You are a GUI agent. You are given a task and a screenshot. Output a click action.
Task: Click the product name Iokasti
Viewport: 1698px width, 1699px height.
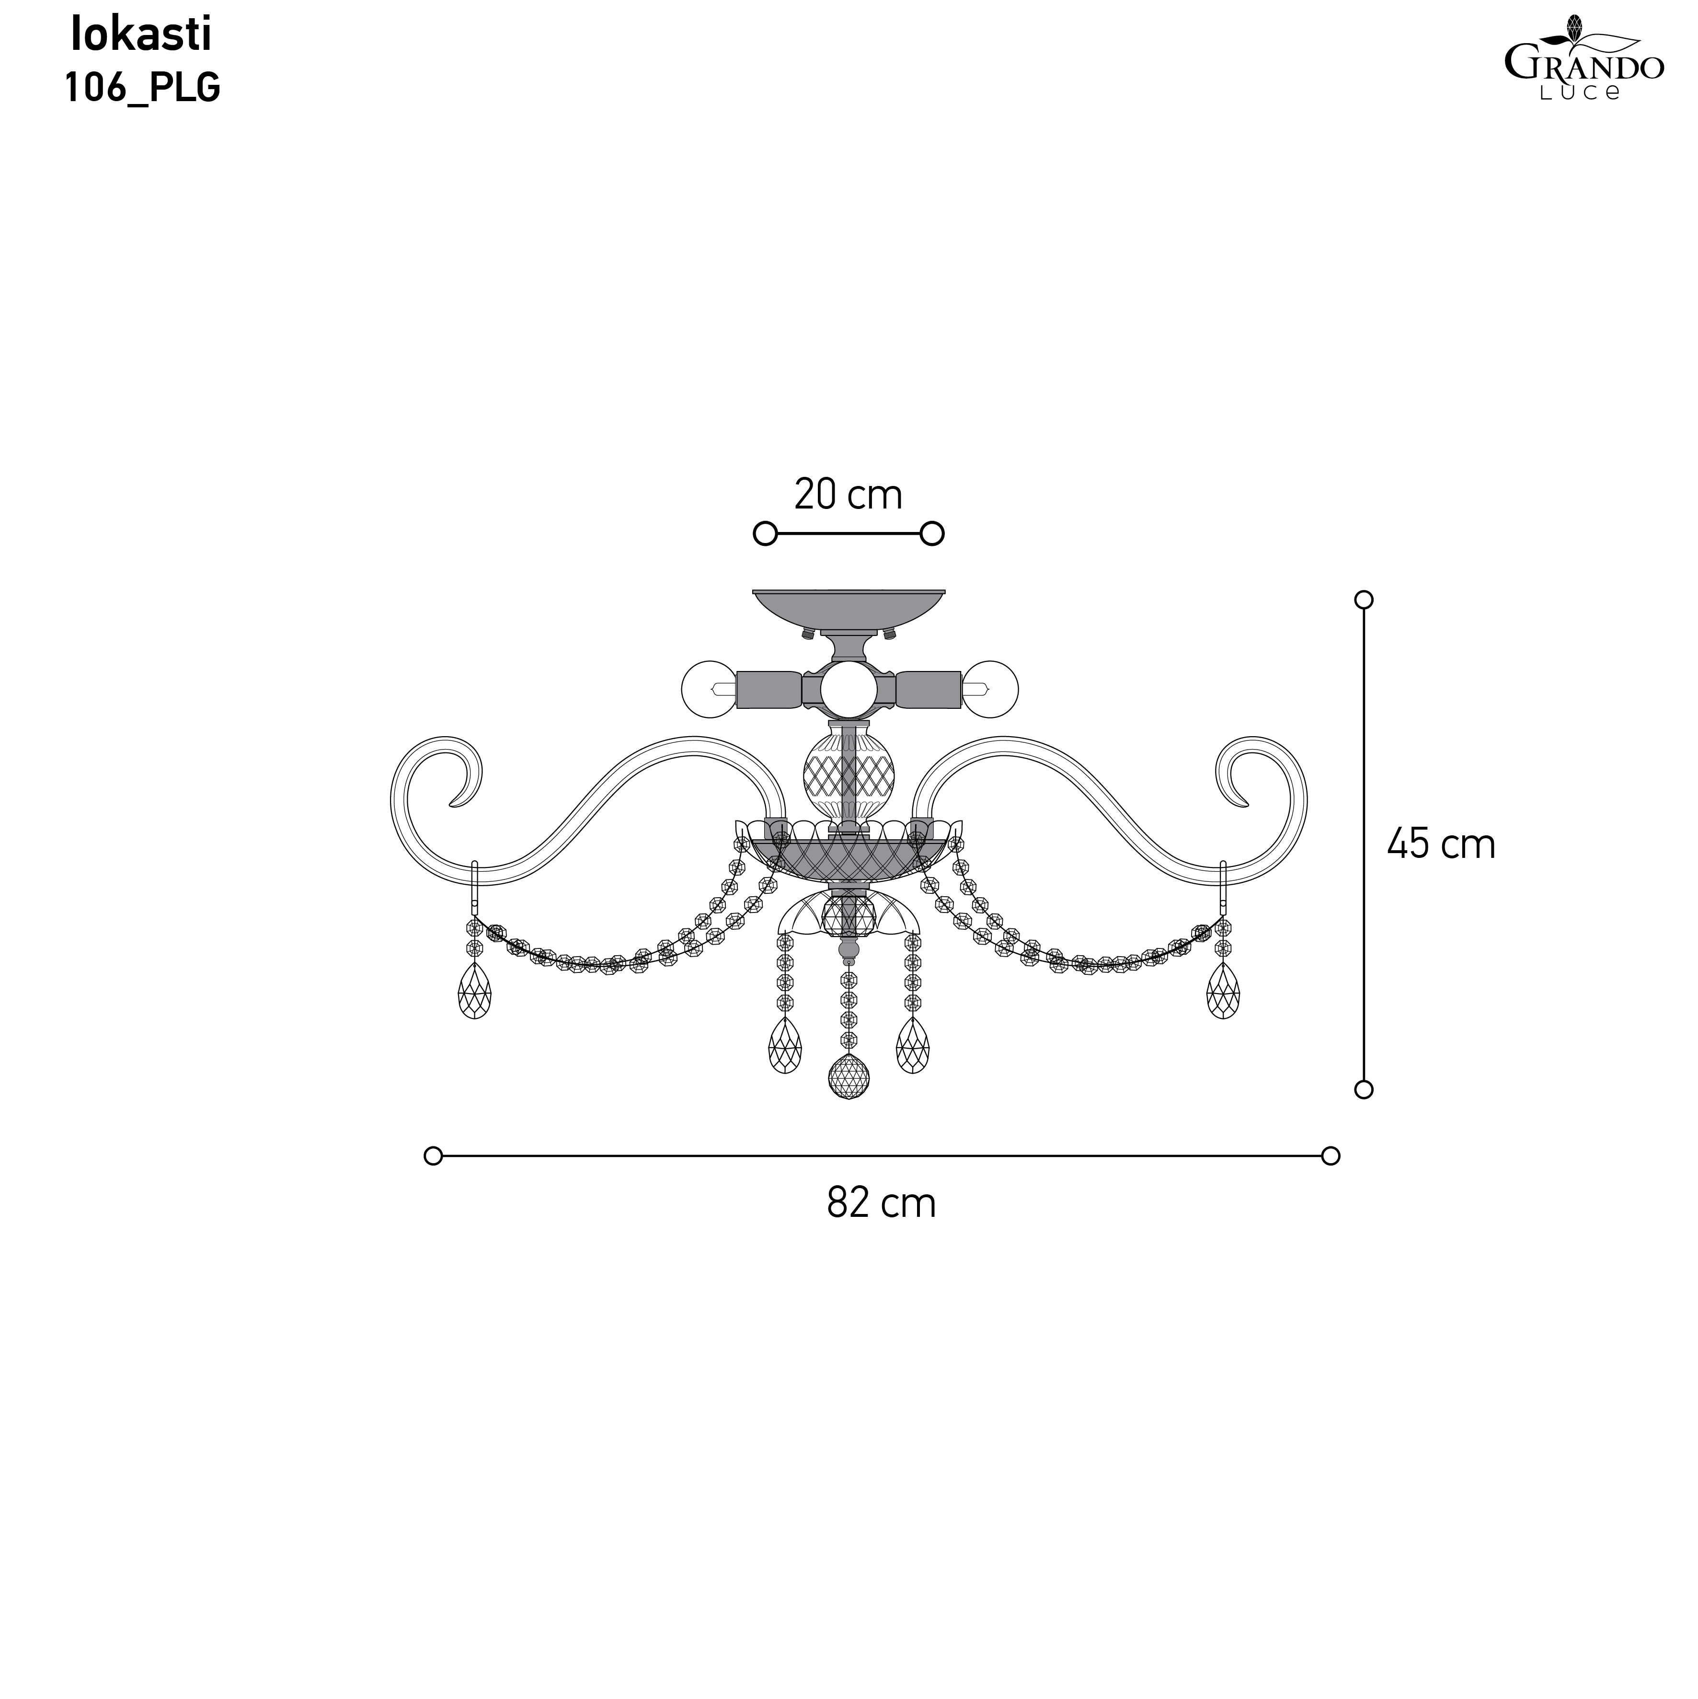pos(141,35)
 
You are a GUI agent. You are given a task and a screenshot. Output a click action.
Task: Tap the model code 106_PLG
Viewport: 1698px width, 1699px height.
pos(142,88)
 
